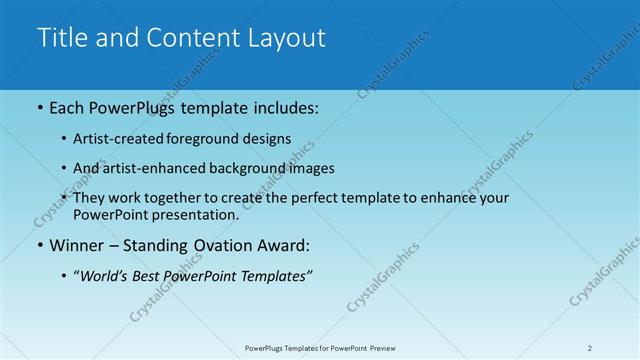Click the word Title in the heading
[x=59, y=38]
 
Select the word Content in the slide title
[x=187, y=38]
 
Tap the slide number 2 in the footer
[x=589, y=348]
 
